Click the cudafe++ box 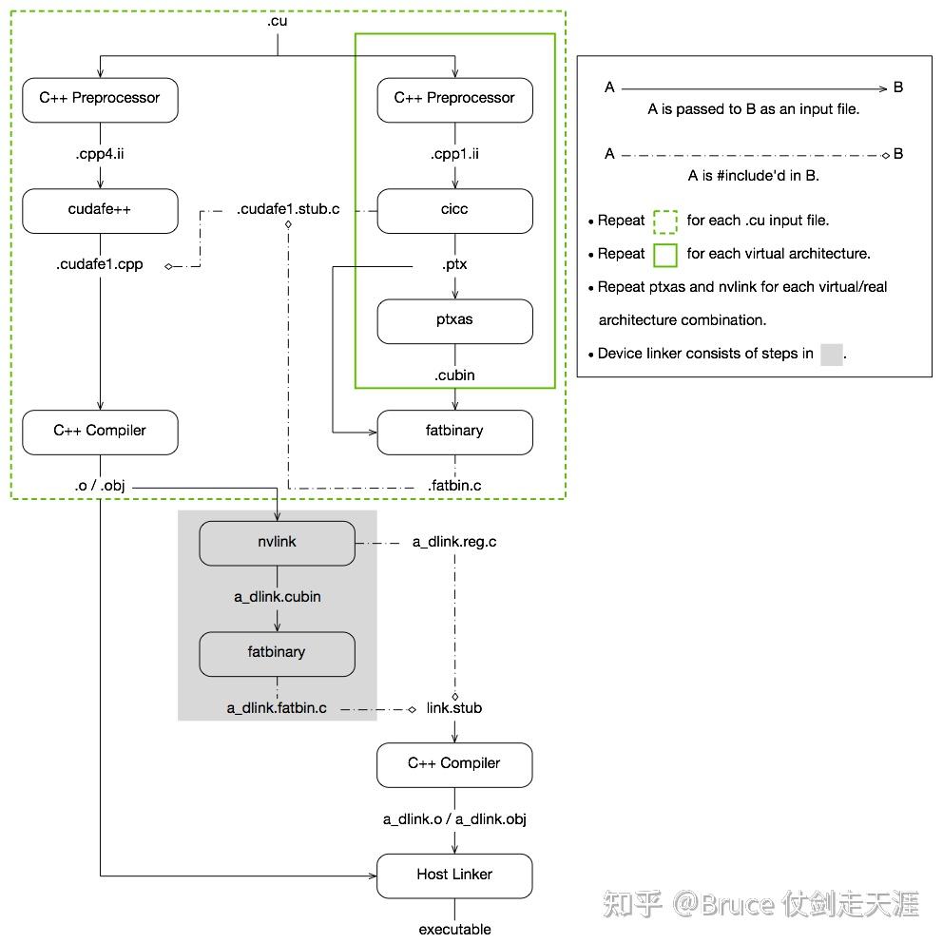[x=100, y=210]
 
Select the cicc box [x=454, y=210]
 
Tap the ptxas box [x=454, y=321]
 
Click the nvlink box [x=277, y=542]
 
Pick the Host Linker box [x=454, y=875]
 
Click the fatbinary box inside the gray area [x=277, y=653]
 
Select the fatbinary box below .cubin [x=454, y=432]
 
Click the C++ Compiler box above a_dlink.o [x=454, y=764]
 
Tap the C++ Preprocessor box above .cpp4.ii [x=100, y=99]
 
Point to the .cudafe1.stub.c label [x=288, y=209]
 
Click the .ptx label [x=454, y=264]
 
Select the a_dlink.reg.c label [x=454, y=542]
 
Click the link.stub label [x=454, y=708]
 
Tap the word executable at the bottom [x=454, y=929]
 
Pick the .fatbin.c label [x=454, y=486]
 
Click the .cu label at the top [x=278, y=19]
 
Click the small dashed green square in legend [x=665, y=221]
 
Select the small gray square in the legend [x=831, y=355]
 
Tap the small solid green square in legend [x=665, y=255]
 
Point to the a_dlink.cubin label [x=277, y=597]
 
